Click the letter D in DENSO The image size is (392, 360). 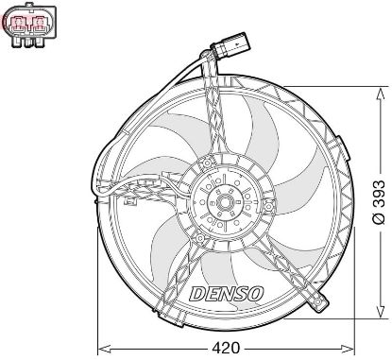point(196,293)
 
